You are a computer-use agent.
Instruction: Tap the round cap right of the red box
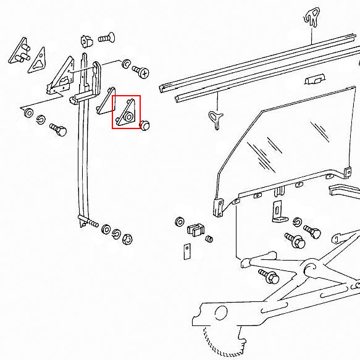[146, 125]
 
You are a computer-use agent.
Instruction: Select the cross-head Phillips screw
[141, 72]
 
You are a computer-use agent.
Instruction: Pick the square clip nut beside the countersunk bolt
[86, 41]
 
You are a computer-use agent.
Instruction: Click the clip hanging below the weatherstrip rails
[216, 117]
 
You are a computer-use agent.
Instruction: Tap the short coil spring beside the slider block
[209, 238]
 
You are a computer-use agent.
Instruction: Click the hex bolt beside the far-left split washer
[58, 130]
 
